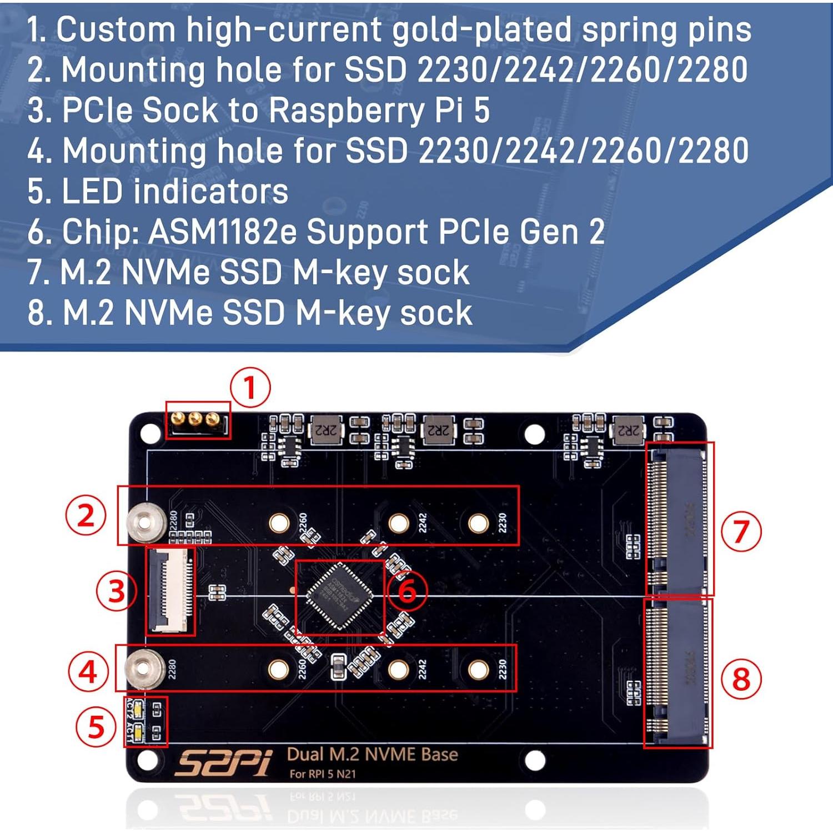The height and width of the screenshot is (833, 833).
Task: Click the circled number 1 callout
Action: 250,387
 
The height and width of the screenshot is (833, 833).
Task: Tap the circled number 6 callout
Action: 407,590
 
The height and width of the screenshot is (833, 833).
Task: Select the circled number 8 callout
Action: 741,679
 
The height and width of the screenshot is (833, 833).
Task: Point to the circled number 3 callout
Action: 116,590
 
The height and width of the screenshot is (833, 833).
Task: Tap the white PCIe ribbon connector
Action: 170,590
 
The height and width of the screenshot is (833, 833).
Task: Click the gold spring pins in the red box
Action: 195,419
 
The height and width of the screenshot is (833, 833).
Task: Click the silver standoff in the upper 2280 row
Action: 145,522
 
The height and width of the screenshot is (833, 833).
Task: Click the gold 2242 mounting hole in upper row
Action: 399,523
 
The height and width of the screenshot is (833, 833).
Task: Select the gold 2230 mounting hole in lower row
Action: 478,669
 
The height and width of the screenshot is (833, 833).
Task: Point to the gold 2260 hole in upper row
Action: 279,523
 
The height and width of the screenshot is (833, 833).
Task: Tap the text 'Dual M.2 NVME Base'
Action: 372,754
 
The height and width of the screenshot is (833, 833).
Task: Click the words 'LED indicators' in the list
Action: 175,191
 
